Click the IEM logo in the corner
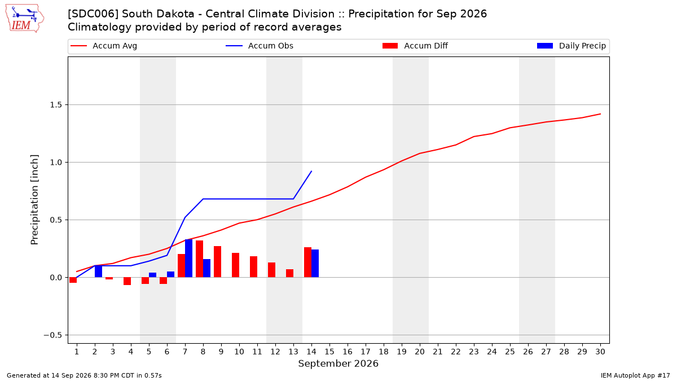click(x=25, y=19)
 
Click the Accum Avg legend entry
click(x=104, y=46)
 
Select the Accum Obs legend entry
click(x=260, y=46)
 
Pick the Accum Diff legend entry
click(x=415, y=46)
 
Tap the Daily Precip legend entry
click(x=571, y=46)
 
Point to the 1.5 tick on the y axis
click(x=56, y=105)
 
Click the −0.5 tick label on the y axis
click(x=53, y=335)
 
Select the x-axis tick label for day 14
click(x=311, y=352)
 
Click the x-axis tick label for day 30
click(x=600, y=352)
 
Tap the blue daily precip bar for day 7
click(x=188, y=259)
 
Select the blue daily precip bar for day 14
click(x=315, y=264)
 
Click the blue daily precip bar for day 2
click(x=98, y=271)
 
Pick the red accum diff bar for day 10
click(x=235, y=265)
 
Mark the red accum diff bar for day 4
click(x=128, y=281)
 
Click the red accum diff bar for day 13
click(x=289, y=273)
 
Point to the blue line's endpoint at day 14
click(x=311, y=171)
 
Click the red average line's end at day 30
click(x=600, y=114)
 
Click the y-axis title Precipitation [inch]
click(x=34, y=200)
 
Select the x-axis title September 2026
click(x=338, y=364)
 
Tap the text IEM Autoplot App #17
click(x=635, y=375)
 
